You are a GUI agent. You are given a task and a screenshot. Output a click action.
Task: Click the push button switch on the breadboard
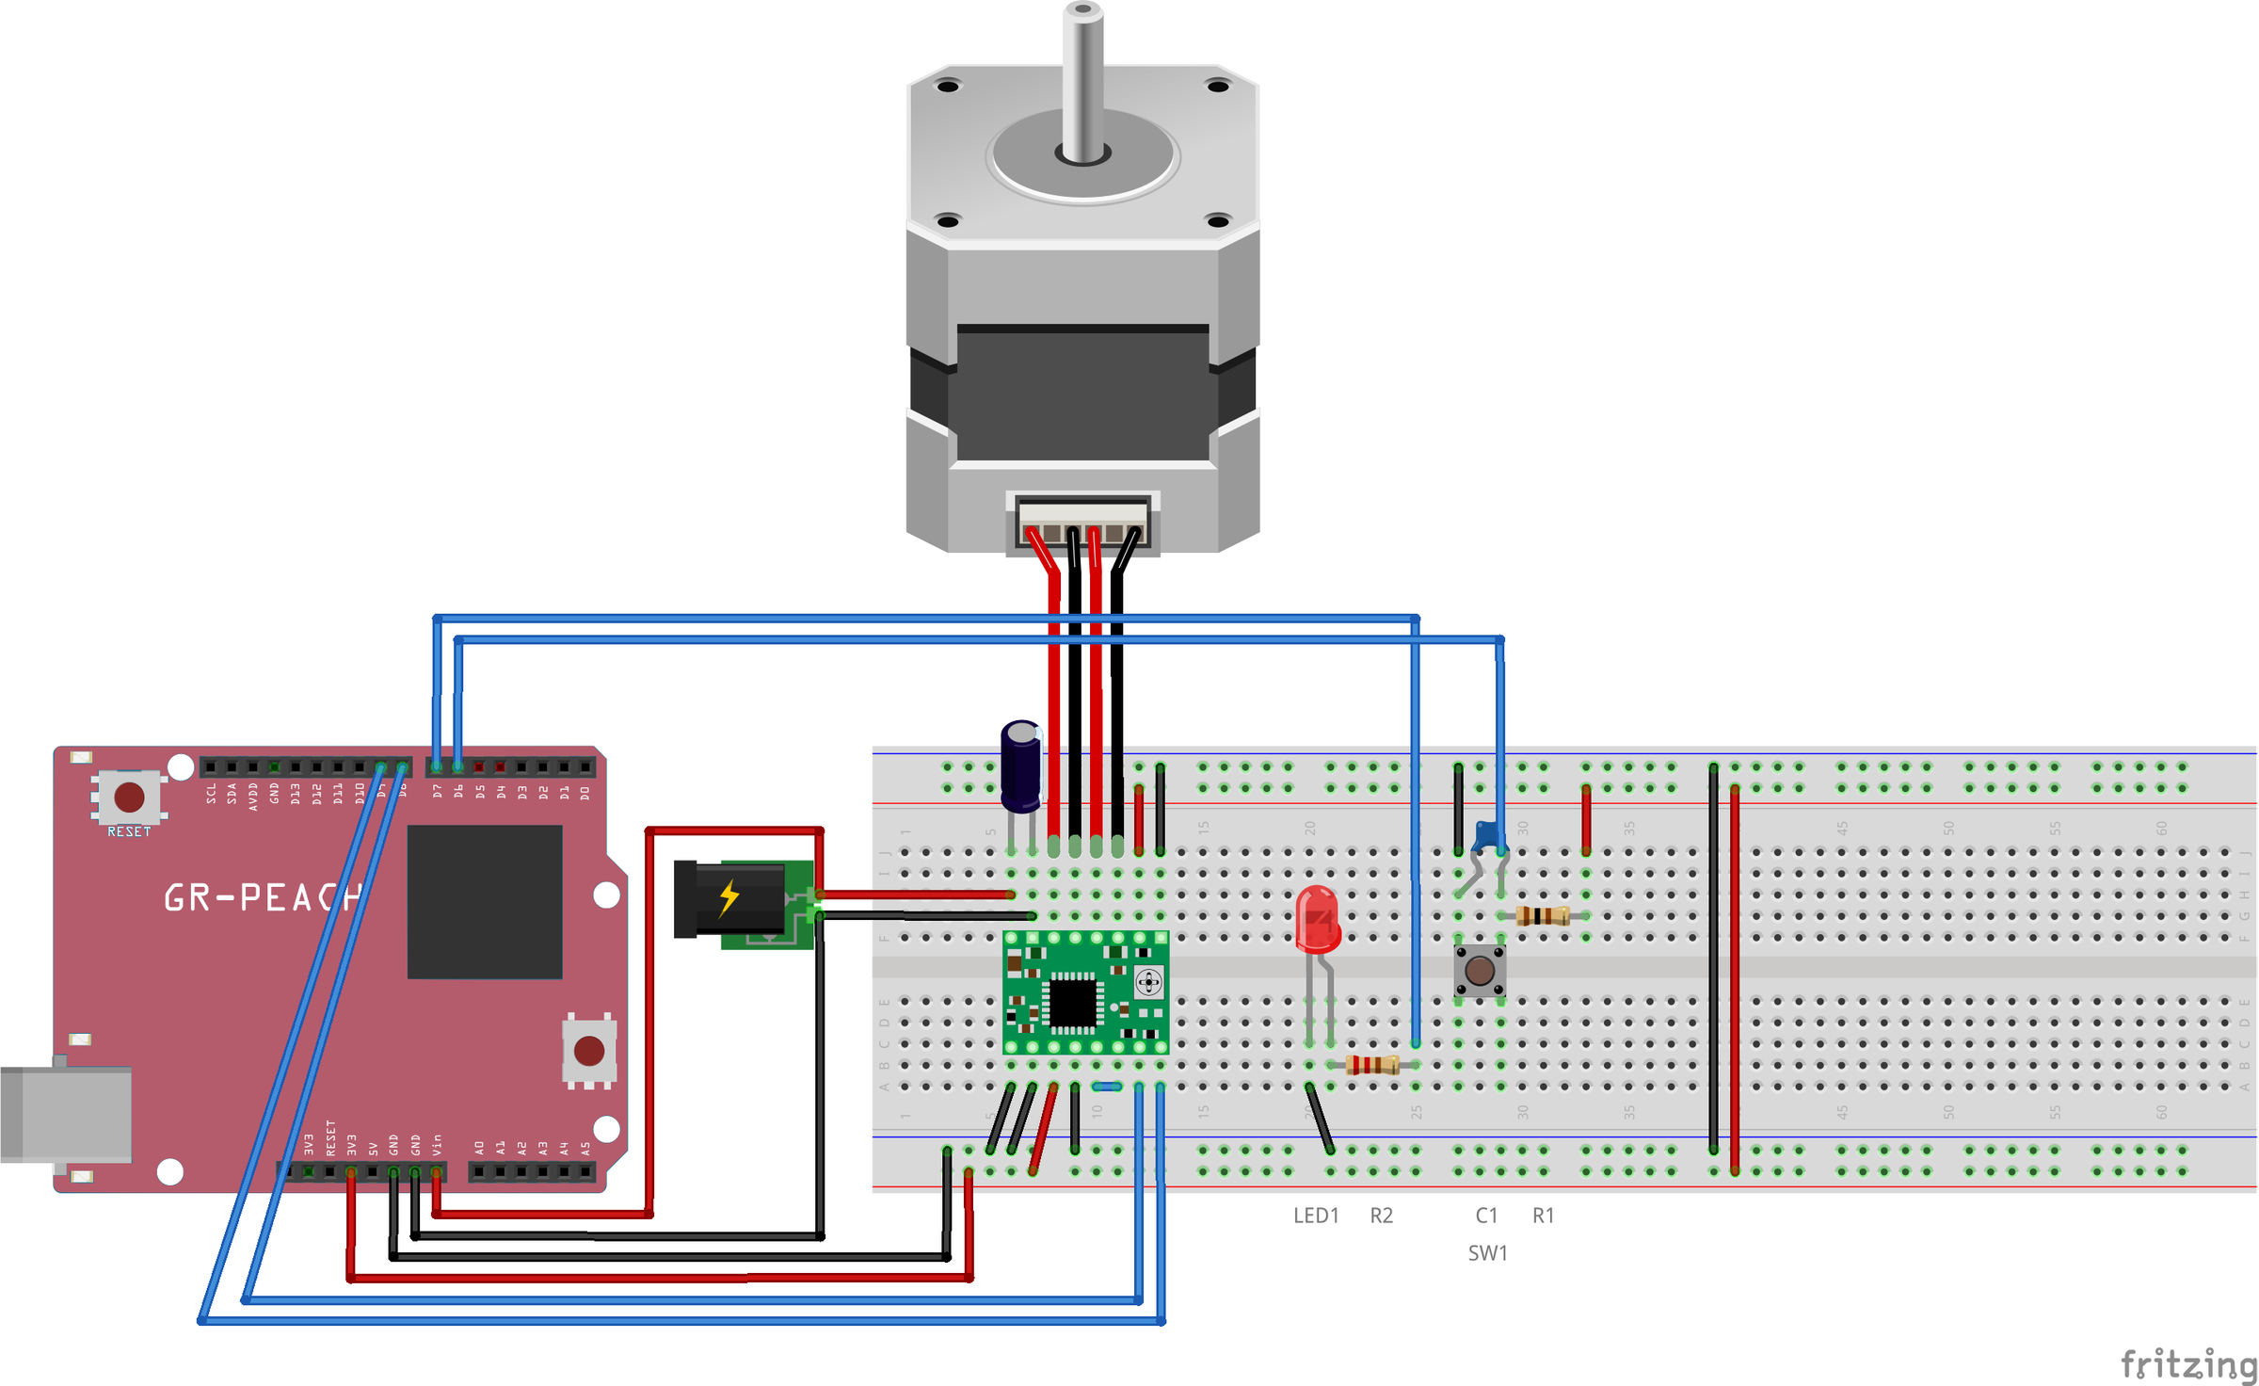click(1480, 970)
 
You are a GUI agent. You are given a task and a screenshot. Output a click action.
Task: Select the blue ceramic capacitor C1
click(1487, 835)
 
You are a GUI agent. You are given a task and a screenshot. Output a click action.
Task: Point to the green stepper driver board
click(1085, 994)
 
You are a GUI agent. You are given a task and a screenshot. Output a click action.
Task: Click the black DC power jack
click(729, 899)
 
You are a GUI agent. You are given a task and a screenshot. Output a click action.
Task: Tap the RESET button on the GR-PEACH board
click(129, 798)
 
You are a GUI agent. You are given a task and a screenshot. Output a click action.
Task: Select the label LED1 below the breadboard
click(1316, 1216)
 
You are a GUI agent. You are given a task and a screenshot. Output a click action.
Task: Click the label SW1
click(1487, 1253)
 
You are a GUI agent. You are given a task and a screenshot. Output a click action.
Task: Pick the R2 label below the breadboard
click(1381, 1216)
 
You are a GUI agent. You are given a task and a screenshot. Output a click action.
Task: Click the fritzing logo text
click(2187, 1362)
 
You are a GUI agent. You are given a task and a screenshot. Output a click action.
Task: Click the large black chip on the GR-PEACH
click(485, 902)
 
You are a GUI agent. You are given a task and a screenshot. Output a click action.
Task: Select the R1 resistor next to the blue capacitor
click(1543, 915)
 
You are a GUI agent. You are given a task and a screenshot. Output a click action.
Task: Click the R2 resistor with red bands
click(1371, 1065)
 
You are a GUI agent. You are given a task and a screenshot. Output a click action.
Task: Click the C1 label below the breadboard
click(1486, 1216)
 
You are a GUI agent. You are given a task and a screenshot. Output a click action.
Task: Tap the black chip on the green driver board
click(1072, 1002)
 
